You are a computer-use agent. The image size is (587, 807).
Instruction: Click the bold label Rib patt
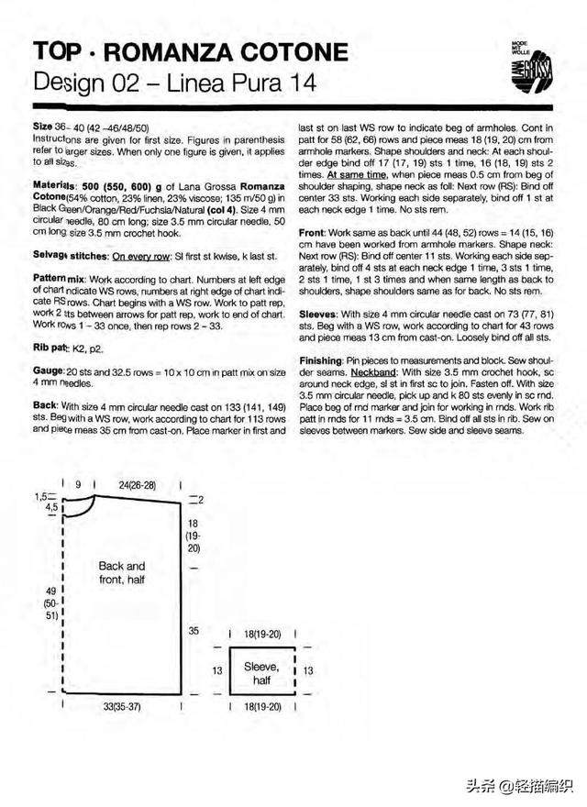tap(50, 347)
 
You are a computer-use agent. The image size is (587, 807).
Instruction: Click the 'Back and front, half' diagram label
tap(122, 573)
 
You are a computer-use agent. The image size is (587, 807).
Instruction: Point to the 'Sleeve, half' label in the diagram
tap(261, 673)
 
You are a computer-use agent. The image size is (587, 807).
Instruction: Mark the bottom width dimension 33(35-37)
tap(123, 708)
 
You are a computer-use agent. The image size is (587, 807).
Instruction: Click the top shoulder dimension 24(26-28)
tap(138, 484)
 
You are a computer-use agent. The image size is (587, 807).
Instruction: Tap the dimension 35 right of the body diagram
tap(194, 631)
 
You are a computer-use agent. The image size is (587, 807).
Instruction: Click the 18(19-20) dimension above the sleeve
tap(262, 633)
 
